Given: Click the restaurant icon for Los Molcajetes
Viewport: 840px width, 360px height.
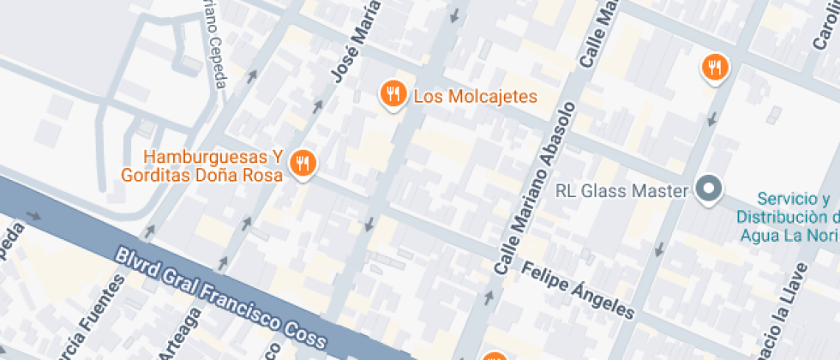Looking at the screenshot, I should [x=393, y=93].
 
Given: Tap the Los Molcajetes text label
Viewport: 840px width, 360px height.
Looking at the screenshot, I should [x=475, y=96].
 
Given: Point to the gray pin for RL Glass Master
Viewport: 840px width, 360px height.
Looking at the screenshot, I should [x=709, y=189].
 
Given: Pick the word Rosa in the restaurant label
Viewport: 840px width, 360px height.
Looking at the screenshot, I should [x=262, y=175].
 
